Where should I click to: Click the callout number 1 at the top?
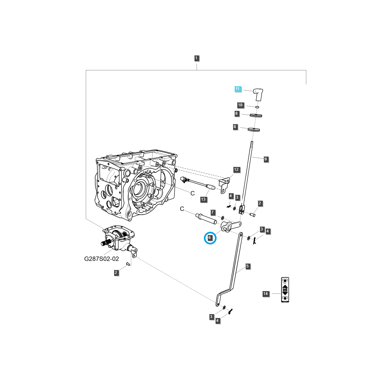point(196,58)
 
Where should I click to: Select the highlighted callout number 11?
point(238,89)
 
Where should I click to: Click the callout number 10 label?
point(240,105)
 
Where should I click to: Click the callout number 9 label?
point(265,159)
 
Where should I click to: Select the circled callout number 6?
point(210,238)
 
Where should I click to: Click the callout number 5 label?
point(248,266)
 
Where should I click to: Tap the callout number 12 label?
point(236,170)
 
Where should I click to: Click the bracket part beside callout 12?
point(224,185)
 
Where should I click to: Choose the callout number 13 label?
point(203,199)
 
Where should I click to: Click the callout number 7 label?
point(213,212)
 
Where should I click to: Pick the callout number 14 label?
point(265,294)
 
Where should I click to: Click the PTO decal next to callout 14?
point(285,290)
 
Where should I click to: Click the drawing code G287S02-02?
point(101,259)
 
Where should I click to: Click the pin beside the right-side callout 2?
point(253,214)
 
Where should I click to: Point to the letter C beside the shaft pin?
point(182,209)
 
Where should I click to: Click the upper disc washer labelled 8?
point(256,115)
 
